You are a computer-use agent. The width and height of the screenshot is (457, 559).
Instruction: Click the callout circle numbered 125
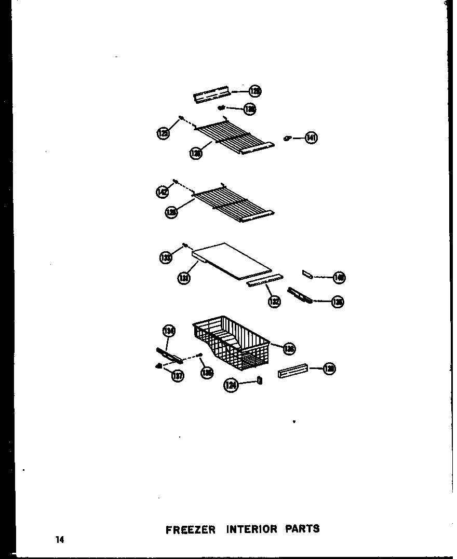pyautogui.click(x=163, y=134)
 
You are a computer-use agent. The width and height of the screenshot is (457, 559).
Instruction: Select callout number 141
pyautogui.click(x=311, y=138)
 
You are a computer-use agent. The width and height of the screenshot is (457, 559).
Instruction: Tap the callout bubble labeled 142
pyautogui.click(x=162, y=193)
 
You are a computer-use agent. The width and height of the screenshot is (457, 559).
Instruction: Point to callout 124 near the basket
pyautogui.click(x=231, y=385)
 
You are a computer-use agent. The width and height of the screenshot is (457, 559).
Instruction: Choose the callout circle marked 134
pyautogui.click(x=169, y=331)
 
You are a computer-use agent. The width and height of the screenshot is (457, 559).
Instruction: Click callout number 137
pyautogui.click(x=178, y=376)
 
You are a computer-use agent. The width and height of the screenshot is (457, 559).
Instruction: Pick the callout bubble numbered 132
pyautogui.click(x=274, y=301)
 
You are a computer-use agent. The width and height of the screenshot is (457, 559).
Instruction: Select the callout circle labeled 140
pyautogui.click(x=340, y=278)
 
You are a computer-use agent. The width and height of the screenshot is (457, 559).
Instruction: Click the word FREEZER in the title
pyautogui.click(x=190, y=530)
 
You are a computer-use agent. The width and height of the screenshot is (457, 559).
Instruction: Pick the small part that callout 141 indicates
pyautogui.click(x=286, y=138)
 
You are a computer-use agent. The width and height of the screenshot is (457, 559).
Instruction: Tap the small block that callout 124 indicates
pyautogui.click(x=260, y=381)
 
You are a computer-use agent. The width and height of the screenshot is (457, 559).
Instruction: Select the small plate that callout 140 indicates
pyautogui.click(x=308, y=274)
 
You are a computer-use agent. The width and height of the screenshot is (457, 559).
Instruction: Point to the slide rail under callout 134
pyautogui.click(x=169, y=355)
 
